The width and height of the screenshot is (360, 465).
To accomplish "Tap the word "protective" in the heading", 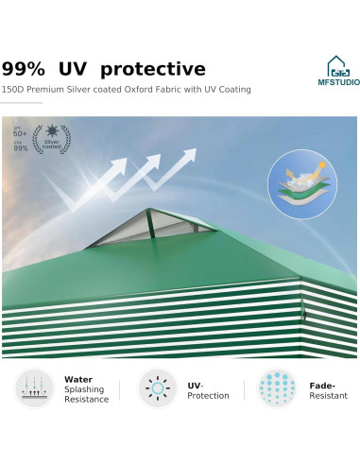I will tap(152, 70).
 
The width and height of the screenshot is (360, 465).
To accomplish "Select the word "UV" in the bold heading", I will tap(77, 69).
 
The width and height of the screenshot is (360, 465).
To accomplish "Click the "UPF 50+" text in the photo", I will tap(19, 133).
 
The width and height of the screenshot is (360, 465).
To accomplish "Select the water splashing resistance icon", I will tap(33, 388).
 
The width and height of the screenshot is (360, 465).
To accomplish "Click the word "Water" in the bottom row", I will tap(77, 379).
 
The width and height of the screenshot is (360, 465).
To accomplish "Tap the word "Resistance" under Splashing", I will tap(87, 400).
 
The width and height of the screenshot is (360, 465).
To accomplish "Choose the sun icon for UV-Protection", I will tap(158, 388).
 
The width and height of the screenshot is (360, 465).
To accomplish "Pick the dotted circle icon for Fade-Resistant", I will tap(277, 388).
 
